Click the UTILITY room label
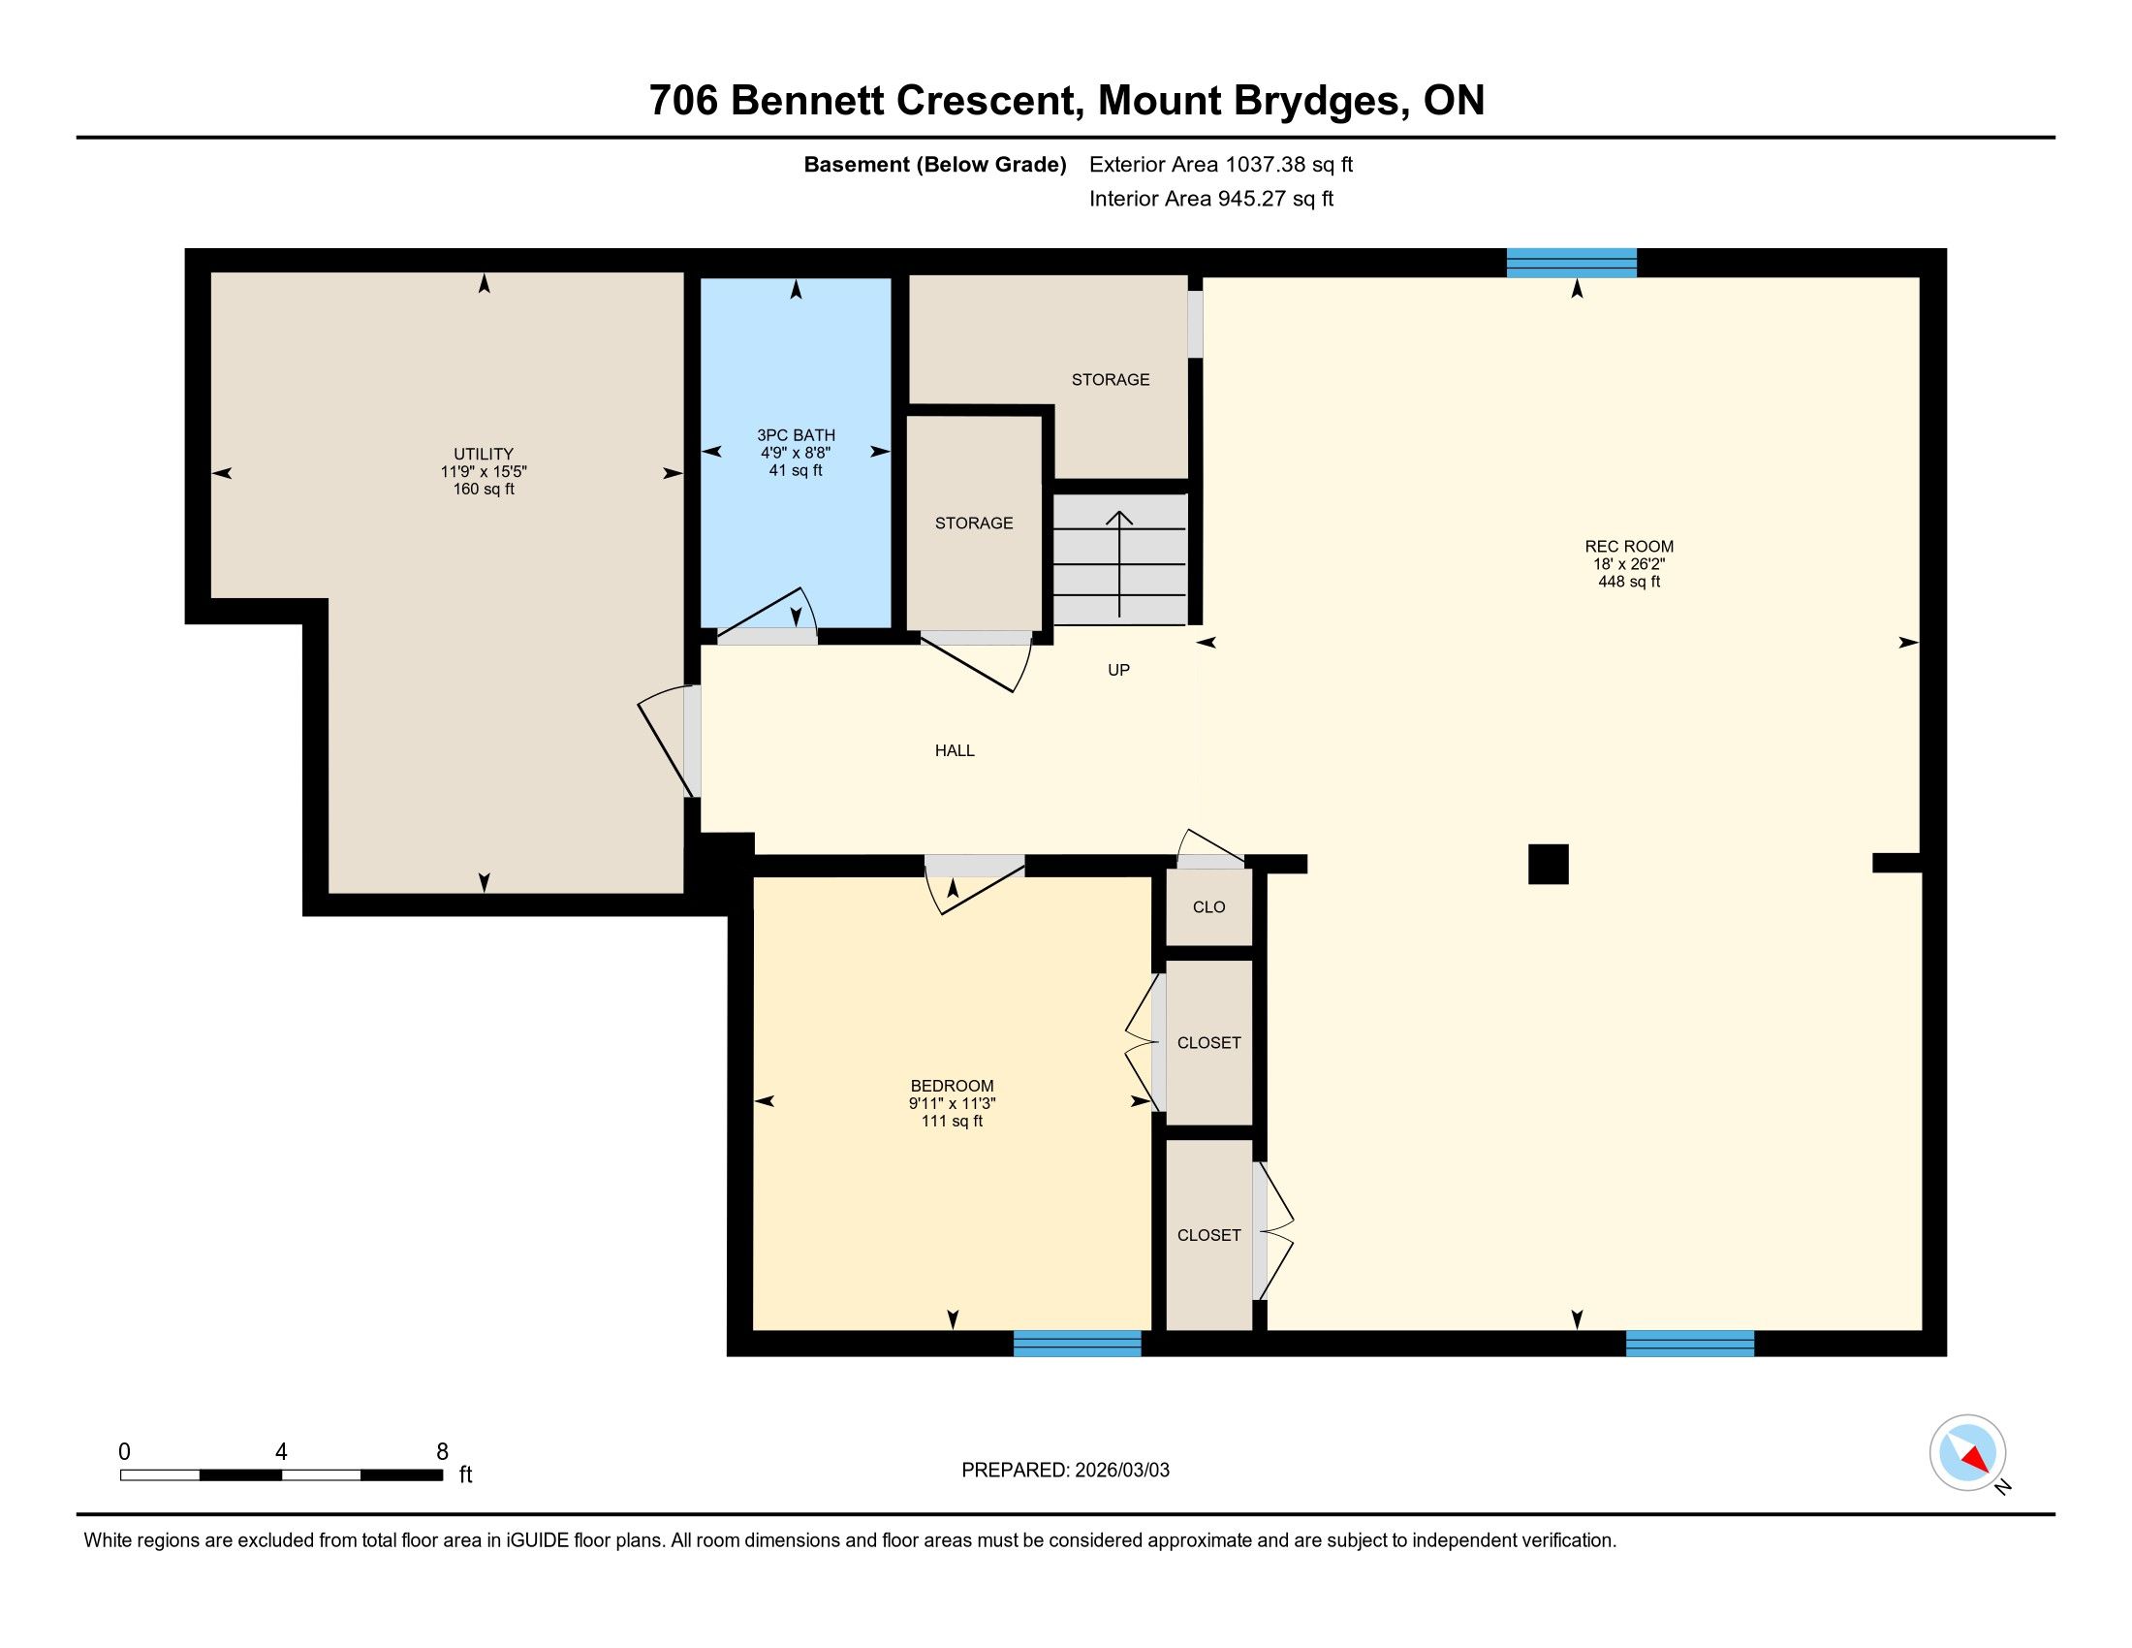tap(484, 454)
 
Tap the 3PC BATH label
tap(796, 435)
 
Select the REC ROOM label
tap(1629, 547)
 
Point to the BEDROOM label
tap(952, 1086)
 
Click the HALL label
tap(955, 750)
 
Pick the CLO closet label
tap(1208, 907)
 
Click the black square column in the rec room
tap(1549, 864)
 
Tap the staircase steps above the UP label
tap(1119, 559)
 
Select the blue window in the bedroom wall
tap(1077, 1344)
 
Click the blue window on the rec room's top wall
tap(1572, 263)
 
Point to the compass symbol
tap(1968, 1453)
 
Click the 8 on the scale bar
tap(442, 1452)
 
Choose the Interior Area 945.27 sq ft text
tap(1211, 199)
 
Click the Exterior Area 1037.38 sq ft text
tap(1221, 164)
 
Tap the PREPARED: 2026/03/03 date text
tap(1065, 1471)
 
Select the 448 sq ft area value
tap(1629, 582)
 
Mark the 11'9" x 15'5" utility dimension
tap(484, 471)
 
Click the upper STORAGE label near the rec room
tap(1111, 380)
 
